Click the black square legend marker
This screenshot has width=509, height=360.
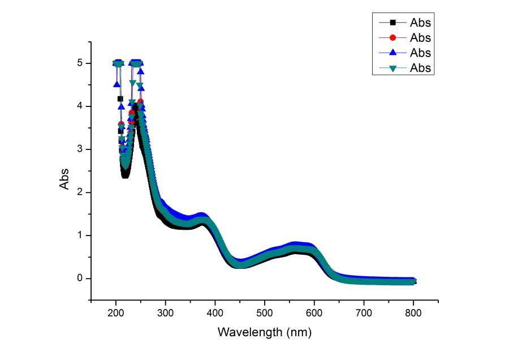(392, 23)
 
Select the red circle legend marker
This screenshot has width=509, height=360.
(392, 38)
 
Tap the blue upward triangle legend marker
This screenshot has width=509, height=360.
(392, 53)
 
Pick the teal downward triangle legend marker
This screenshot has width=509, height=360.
(392, 68)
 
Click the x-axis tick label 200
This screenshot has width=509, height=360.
(116, 313)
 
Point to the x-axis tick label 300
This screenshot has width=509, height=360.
(166, 313)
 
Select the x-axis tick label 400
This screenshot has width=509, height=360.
(215, 313)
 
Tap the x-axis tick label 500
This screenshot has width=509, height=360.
(265, 313)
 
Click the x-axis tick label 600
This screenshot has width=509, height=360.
(314, 313)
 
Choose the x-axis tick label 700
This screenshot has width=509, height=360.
(364, 313)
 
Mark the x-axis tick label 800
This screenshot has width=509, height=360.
(413, 313)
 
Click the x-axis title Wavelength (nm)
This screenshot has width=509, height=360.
(265, 332)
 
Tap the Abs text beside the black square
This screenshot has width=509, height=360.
(421, 23)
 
